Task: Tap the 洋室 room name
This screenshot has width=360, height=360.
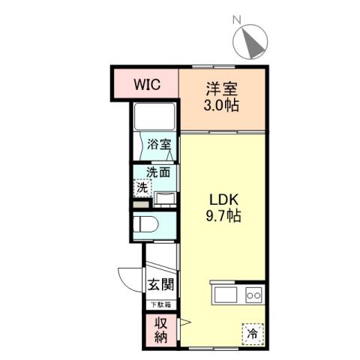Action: [x=222, y=87]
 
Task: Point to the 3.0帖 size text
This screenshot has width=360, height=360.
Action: [x=222, y=105]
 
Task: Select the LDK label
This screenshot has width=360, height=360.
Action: [x=223, y=200]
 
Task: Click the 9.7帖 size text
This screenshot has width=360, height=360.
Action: [x=223, y=217]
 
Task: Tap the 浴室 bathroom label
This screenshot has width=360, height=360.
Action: [x=158, y=144]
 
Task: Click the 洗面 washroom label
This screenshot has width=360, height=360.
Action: [x=157, y=172]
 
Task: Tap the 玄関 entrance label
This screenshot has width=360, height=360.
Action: [x=160, y=285]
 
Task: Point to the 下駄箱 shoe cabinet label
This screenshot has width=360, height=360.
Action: [x=159, y=304]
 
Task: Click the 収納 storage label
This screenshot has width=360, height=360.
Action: [x=160, y=330]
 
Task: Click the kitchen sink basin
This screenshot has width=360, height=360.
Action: [x=227, y=295]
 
